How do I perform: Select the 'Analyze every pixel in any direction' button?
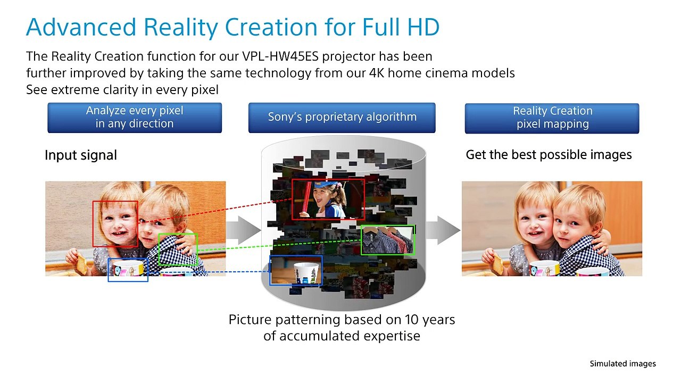tap(135, 118)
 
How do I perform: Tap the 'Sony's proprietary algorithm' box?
tap(342, 118)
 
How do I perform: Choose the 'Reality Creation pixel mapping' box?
tap(552, 118)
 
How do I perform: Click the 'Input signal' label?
tap(80, 155)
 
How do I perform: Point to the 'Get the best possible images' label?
tap(549, 155)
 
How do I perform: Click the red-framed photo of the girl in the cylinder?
tap(328, 199)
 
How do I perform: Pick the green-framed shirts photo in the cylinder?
tap(387, 240)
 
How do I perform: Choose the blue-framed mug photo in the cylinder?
tap(296, 270)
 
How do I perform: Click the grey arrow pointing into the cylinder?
tap(243, 230)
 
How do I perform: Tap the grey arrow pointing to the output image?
tap(443, 230)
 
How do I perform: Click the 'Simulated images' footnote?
tap(622, 364)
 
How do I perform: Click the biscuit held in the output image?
tap(497, 262)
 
